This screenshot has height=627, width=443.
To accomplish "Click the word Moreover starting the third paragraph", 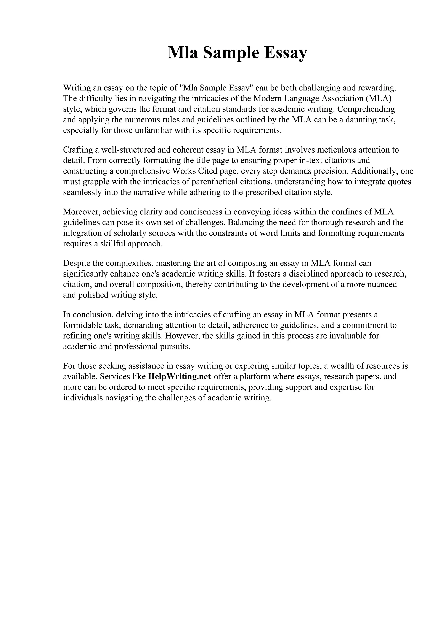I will click(x=81, y=212).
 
